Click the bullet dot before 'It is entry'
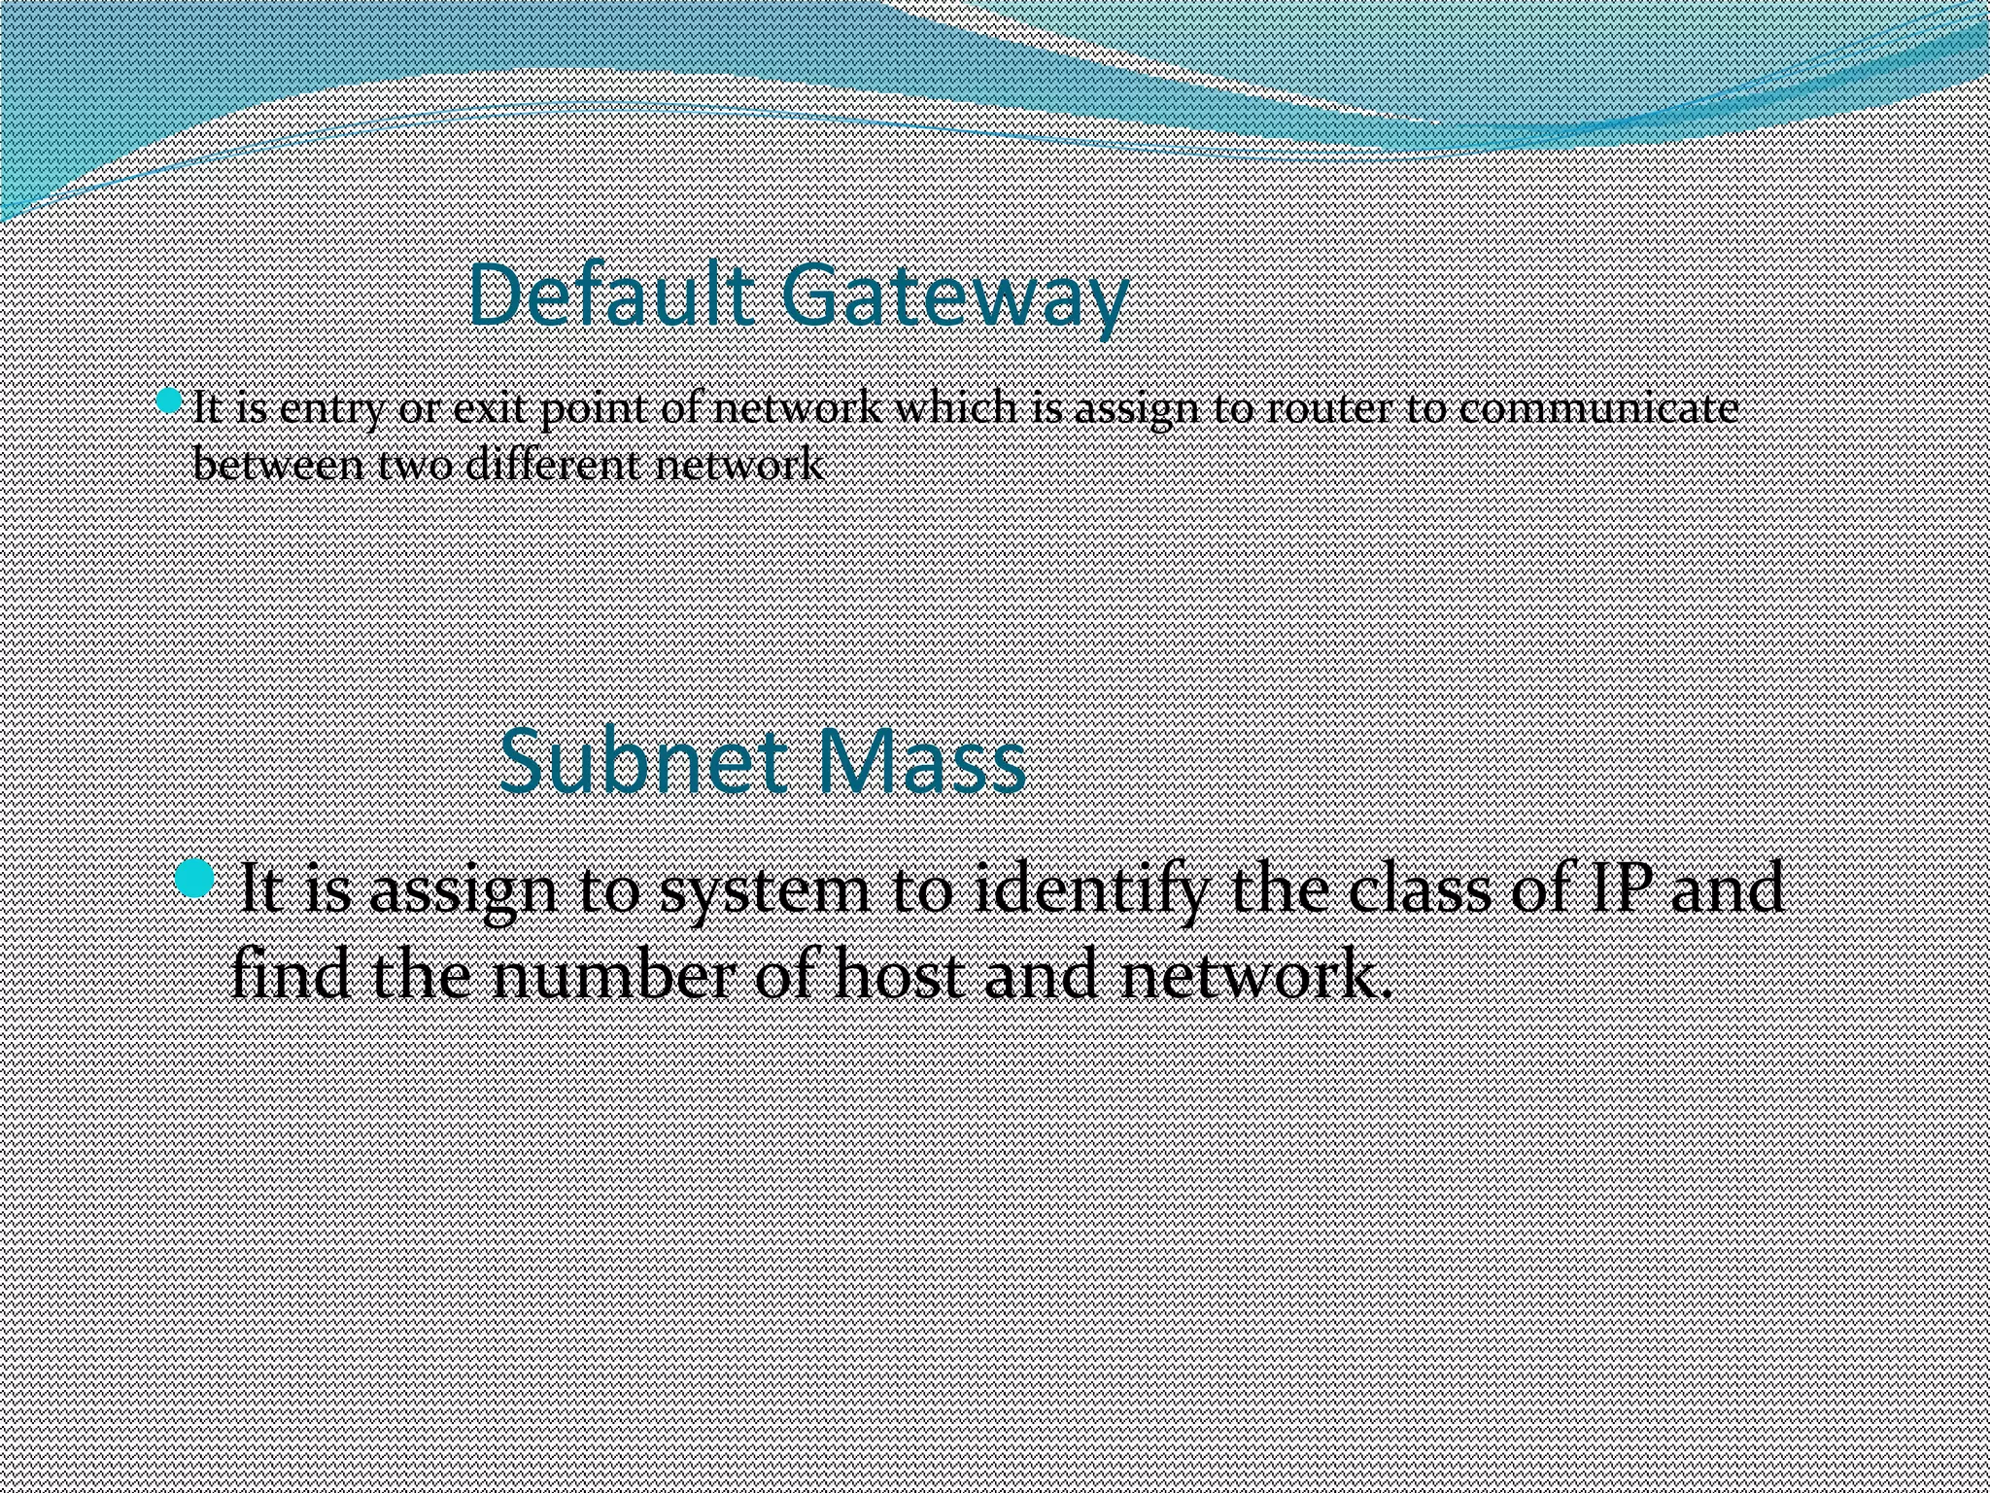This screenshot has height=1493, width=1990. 169,399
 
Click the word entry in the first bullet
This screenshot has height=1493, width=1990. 330,409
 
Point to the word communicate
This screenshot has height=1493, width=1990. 1598,408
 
